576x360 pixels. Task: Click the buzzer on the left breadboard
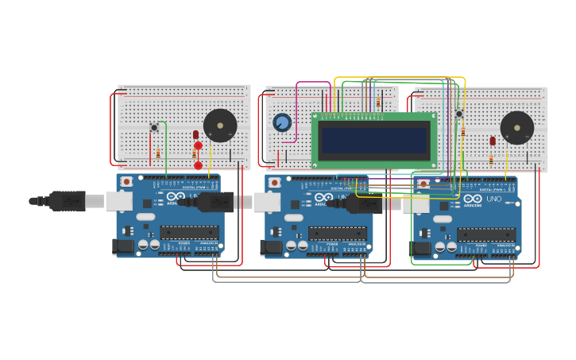click(220, 126)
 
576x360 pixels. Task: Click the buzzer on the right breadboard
click(517, 127)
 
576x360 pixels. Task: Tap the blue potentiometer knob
click(282, 122)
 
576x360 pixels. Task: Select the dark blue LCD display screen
click(375, 140)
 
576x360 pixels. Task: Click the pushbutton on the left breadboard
click(154, 127)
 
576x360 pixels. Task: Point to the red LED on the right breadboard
click(493, 141)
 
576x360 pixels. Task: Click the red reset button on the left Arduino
click(126, 182)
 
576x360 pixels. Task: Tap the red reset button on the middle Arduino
click(274, 183)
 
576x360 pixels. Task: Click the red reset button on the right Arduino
click(423, 184)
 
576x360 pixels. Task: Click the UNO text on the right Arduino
click(494, 199)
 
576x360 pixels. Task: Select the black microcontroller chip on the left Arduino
click(189, 232)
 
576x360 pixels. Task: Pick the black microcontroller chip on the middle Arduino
click(338, 233)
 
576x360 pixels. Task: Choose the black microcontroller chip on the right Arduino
click(486, 234)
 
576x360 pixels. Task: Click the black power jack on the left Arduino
click(123, 246)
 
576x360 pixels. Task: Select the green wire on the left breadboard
click(165, 143)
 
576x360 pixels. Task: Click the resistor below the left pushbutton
click(158, 153)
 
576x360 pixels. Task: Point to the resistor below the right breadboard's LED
click(491, 159)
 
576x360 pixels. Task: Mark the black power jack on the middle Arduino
click(271, 247)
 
